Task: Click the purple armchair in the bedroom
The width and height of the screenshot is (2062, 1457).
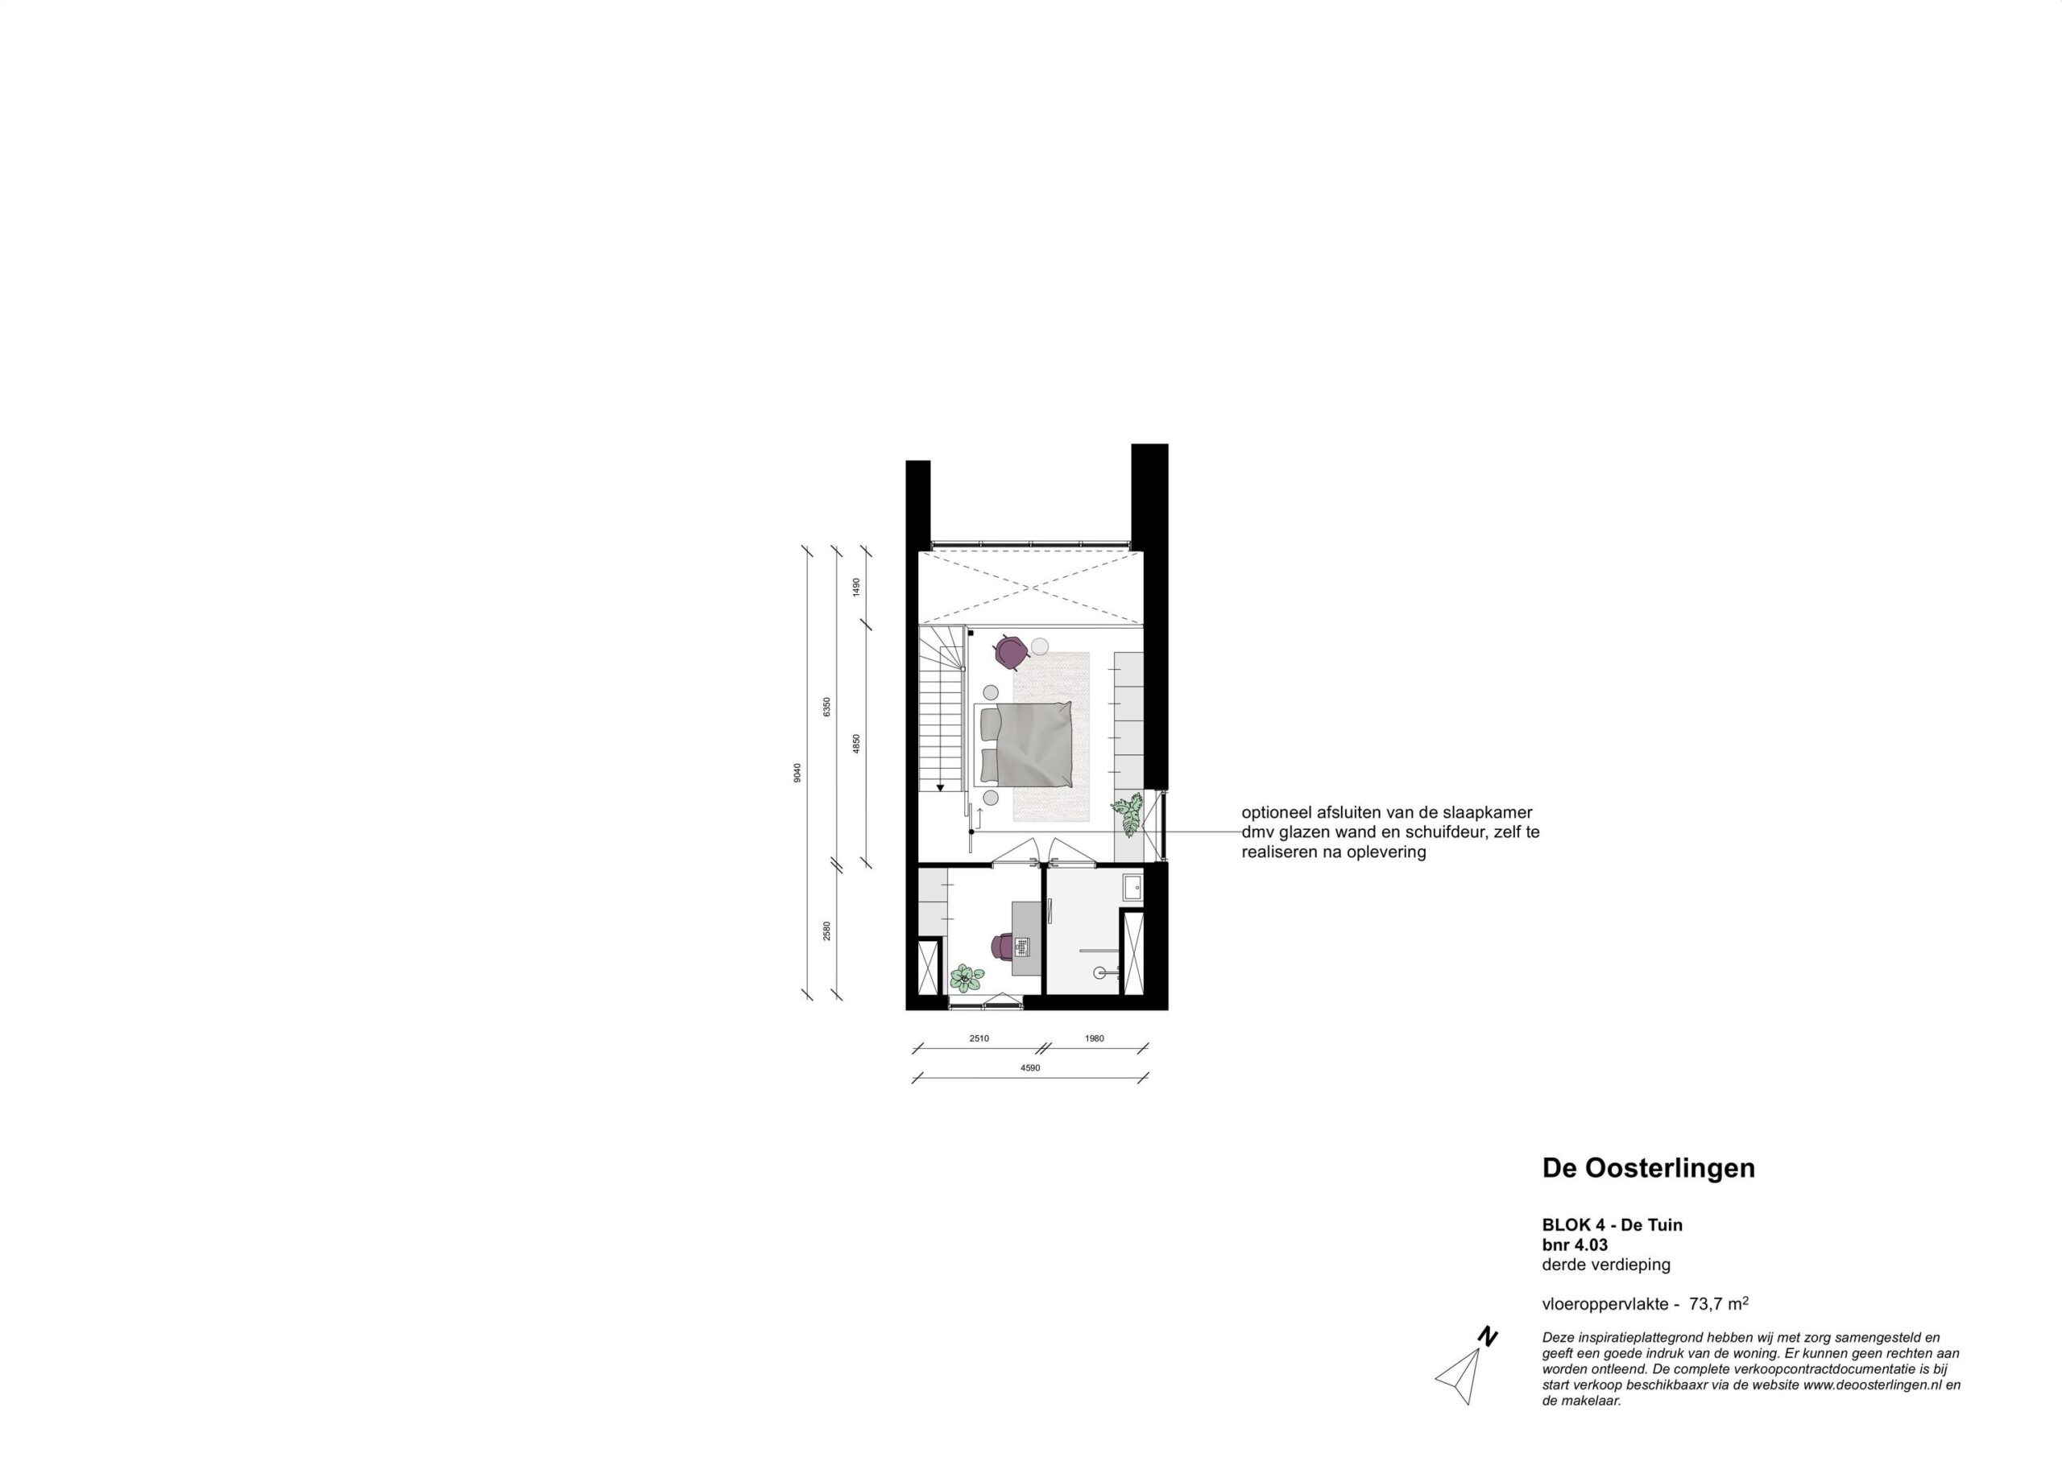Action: pyautogui.click(x=1010, y=652)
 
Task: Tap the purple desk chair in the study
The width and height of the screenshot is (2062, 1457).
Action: pyautogui.click(x=1002, y=946)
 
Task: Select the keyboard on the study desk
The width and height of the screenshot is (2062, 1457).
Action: pyautogui.click(x=1022, y=945)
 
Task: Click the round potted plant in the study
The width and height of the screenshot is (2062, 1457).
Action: pyautogui.click(x=964, y=976)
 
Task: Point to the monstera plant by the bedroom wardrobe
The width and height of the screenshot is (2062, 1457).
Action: pyautogui.click(x=1126, y=815)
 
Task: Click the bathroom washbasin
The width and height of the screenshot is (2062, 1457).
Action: pyautogui.click(x=1132, y=888)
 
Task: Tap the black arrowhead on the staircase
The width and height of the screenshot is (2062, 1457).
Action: pyautogui.click(x=940, y=787)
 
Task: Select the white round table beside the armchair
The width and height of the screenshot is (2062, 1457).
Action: pyautogui.click(x=1040, y=646)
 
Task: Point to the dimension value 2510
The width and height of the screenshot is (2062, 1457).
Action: pyautogui.click(x=979, y=1038)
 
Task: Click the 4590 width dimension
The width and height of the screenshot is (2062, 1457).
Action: pyautogui.click(x=1030, y=1068)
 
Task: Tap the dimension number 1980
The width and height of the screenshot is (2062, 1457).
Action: pyautogui.click(x=1094, y=1038)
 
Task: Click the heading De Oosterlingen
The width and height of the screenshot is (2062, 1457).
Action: pyautogui.click(x=1649, y=1168)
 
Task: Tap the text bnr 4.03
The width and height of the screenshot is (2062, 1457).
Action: pyautogui.click(x=1575, y=1245)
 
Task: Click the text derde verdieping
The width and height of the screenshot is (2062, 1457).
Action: pyautogui.click(x=1607, y=1265)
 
